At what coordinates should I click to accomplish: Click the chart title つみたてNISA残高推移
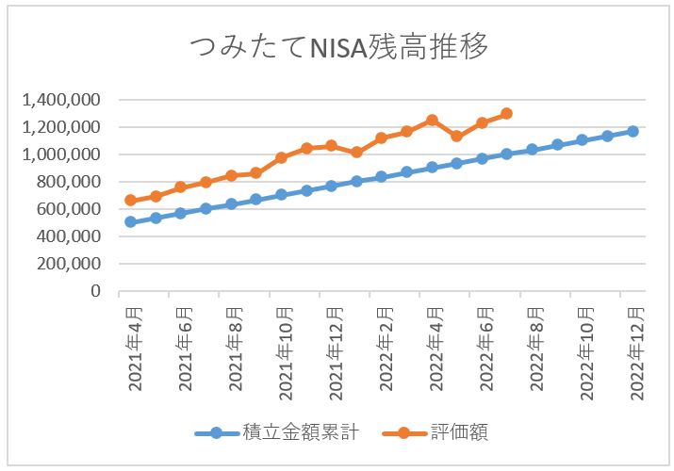337,47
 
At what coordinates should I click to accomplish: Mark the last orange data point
506,113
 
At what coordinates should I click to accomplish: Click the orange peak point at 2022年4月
432,120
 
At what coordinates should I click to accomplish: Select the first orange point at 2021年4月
130,200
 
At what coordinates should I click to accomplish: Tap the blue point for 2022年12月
633,131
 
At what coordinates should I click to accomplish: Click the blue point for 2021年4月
130,222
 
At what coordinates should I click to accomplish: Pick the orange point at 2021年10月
281,157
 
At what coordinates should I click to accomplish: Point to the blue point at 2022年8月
532,149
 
